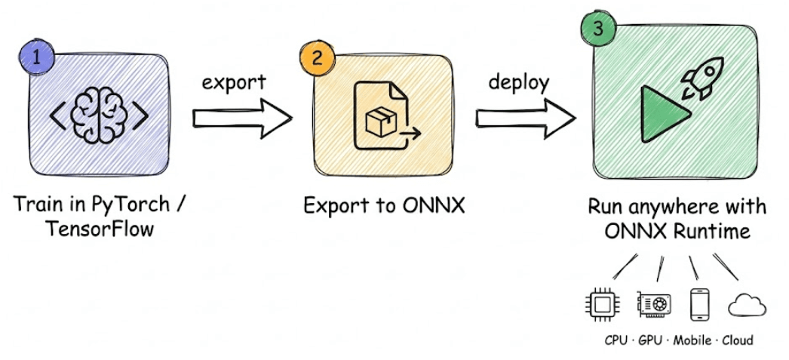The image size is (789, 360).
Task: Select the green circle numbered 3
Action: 597,29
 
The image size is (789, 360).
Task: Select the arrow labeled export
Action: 241,117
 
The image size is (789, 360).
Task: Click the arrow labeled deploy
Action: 525,117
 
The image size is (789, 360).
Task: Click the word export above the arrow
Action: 234,82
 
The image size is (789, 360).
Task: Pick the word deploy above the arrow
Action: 518,82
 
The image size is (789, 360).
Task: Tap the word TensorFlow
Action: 100,228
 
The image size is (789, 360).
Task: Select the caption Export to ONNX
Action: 382,205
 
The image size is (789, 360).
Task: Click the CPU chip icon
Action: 601,304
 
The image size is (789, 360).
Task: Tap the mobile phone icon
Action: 700,303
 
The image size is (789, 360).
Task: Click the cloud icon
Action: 747,305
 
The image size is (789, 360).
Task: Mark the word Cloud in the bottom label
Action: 737,340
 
